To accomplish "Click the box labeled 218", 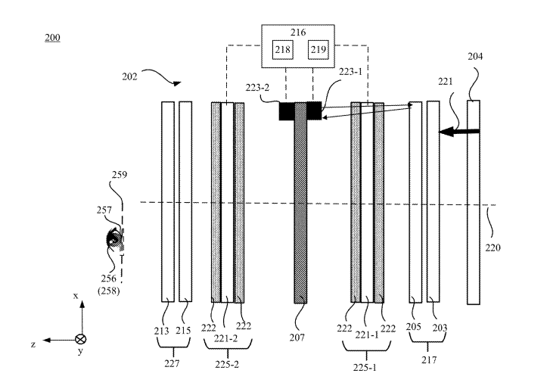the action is (x=283, y=50).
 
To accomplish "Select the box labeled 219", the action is (x=319, y=50).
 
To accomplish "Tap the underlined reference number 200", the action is (x=53, y=38).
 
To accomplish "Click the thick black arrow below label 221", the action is (x=459, y=132).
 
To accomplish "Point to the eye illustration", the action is (x=114, y=240).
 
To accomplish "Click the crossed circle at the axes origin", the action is (x=81, y=339).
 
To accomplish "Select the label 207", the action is (x=297, y=338).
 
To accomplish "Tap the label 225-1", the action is (x=365, y=368).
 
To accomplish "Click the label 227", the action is (x=172, y=364).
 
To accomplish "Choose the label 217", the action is (x=429, y=360).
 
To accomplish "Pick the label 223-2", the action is (x=257, y=88).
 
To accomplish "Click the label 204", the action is (x=475, y=57).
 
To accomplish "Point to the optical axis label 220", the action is (x=493, y=247).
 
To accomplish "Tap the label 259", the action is (x=120, y=175).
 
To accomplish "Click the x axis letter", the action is (x=76, y=296).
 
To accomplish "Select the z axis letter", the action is (x=33, y=344).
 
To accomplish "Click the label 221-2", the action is (x=226, y=338).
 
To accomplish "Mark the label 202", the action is (x=130, y=76).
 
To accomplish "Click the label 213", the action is (x=162, y=331).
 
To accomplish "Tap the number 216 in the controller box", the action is (x=298, y=33).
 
